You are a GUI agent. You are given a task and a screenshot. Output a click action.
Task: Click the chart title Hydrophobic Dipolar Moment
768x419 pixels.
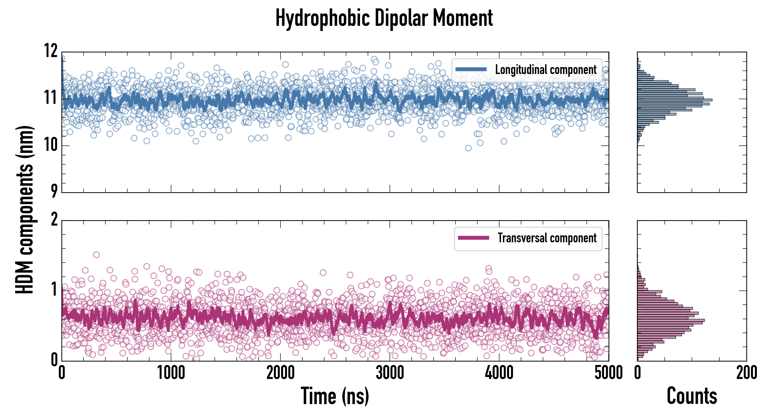pyautogui.click(x=384, y=18)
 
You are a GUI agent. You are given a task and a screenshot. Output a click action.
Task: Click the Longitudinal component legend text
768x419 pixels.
pyautogui.click(x=546, y=70)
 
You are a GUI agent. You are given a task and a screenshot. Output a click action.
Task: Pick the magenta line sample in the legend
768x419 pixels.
pyautogui.click(x=473, y=238)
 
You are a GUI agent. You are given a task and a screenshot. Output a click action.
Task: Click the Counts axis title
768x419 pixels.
pyautogui.click(x=692, y=396)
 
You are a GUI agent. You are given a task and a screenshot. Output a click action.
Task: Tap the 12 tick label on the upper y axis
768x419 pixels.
pyautogui.click(x=51, y=51)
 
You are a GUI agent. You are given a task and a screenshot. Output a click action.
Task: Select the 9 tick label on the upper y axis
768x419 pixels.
pyautogui.click(x=54, y=191)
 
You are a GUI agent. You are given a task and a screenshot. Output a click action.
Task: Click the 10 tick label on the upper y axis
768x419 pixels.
pyautogui.click(x=51, y=145)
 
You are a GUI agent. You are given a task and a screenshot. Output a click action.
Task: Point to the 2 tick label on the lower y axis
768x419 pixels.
pyautogui.click(x=54, y=220)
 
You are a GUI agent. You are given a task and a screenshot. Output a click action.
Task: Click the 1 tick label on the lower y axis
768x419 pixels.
pyautogui.click(x=54, y=290)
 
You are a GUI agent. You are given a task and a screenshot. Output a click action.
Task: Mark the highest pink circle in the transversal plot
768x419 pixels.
pyautogui.click(x=96, y=255)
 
